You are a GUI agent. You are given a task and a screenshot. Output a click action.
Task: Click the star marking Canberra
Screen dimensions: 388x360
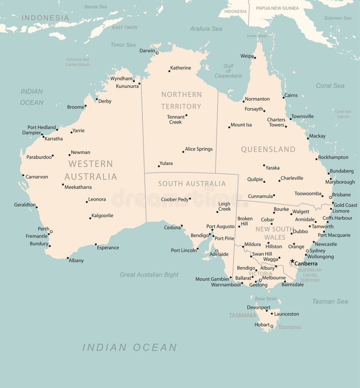pos(292,261)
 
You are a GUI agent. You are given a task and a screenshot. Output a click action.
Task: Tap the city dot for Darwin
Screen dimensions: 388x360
pos(157,53)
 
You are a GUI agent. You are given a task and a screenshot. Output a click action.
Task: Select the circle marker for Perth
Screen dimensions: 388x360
pos(51,232)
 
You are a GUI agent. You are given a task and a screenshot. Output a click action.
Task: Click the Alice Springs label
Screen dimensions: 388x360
pos(198,149)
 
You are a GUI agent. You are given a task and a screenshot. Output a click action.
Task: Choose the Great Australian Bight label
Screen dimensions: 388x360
pos(149,275)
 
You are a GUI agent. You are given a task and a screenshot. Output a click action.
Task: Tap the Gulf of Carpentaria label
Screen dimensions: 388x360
pos(228,71)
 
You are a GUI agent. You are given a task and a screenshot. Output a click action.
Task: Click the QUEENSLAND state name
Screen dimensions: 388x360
pos(268,149)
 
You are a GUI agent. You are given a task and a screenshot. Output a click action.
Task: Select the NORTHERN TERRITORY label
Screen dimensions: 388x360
pos(181,100)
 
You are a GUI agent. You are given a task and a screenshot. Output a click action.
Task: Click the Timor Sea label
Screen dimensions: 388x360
pos(123,45)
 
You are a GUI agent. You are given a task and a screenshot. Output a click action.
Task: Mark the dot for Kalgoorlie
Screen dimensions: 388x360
pos(90,218)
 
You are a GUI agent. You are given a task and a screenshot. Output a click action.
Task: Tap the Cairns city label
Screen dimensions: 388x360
pos(291,95)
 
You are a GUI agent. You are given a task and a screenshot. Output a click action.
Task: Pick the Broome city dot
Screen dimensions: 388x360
pos(85,106)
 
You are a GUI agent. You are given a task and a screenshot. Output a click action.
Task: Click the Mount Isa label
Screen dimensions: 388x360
pos(241,125)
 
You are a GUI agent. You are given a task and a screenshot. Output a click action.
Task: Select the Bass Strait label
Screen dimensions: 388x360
pos(265,299)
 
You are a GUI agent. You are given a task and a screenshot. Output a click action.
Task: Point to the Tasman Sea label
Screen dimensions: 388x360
pos(330,301)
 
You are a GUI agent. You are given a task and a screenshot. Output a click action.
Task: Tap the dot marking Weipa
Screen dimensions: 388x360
pos(255,58)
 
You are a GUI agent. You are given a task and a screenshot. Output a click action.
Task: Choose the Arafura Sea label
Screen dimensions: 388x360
pos(206,29)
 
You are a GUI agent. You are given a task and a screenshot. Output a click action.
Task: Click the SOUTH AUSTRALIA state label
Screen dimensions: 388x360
pos(192,183)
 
